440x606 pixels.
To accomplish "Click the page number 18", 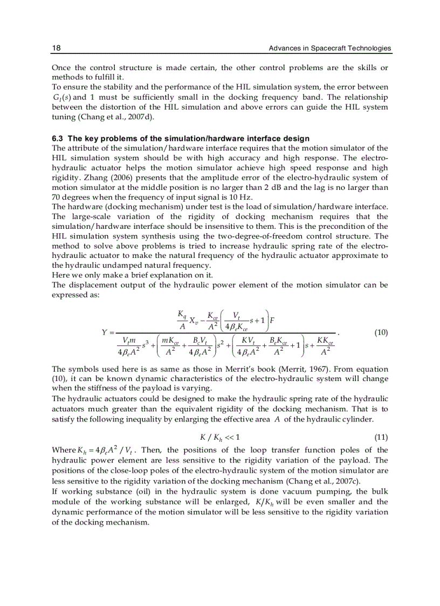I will (56, 49).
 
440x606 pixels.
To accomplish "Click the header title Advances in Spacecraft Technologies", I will (330, 49).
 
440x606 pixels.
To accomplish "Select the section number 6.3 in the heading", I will (57, 139).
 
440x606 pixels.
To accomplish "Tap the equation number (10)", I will (381, 333).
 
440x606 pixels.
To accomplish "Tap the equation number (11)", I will (381, 437).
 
